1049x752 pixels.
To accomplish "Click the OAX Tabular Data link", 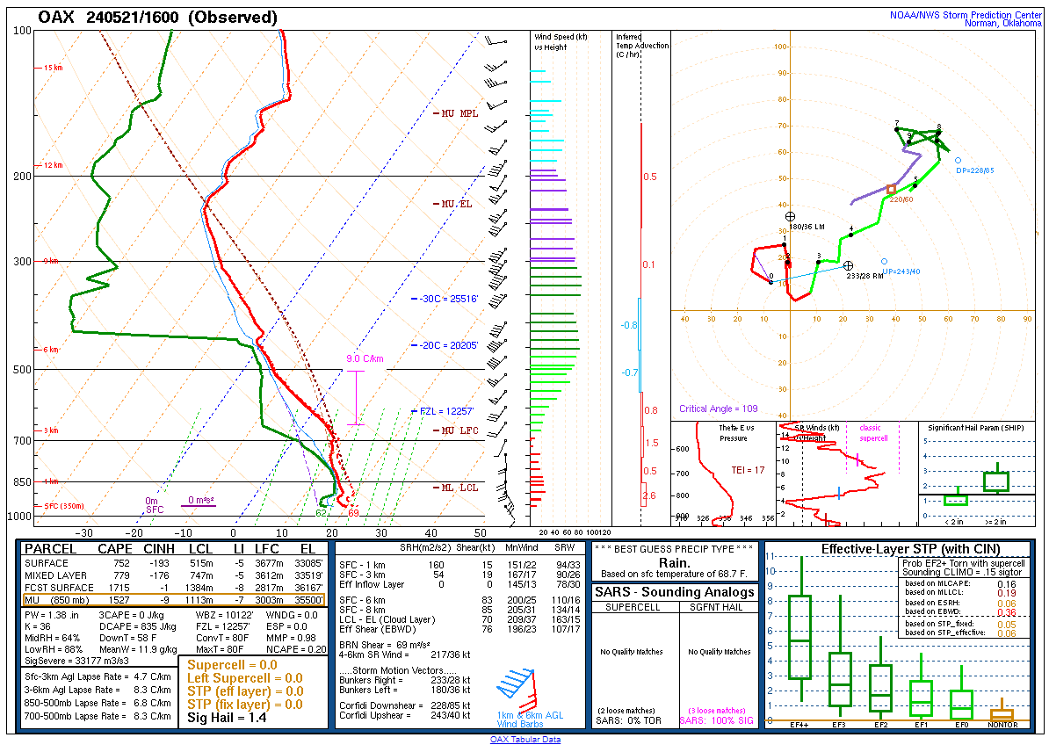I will [x=524, y=740].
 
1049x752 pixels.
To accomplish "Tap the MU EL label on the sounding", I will [x=453, y=204].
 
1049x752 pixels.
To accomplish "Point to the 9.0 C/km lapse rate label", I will [x=364, y=358].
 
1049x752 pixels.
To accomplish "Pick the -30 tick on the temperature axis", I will [x=84, y=533].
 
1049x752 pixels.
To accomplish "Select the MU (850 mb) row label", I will [x=57, y=600].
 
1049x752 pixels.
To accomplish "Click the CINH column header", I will [x=160, y=549].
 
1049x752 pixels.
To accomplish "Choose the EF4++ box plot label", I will [x=799, y=725].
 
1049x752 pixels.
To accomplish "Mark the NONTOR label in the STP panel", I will [x=1002, y=725].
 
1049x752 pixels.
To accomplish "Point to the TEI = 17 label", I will [x=748, y=471].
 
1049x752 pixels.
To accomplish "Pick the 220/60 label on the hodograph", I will [x=901, y=199].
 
